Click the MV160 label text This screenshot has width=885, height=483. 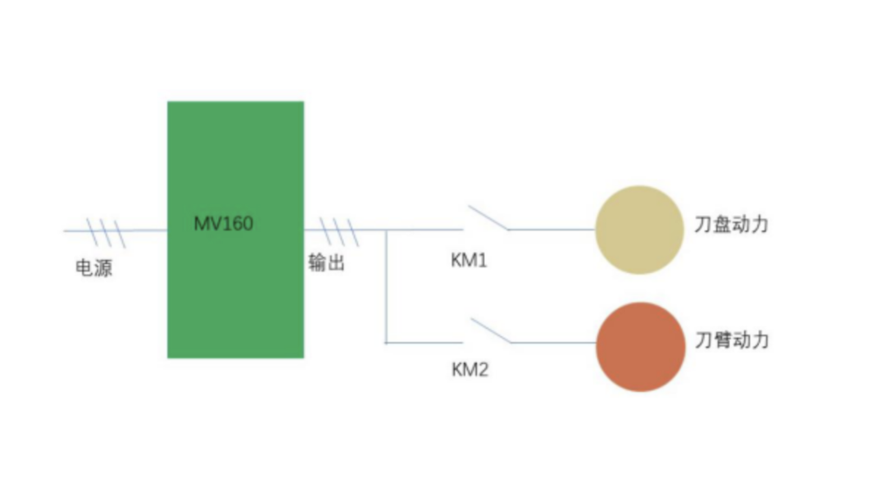223,222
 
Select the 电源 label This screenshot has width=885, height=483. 93,268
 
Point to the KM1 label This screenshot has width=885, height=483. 469,261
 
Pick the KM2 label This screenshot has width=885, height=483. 470,370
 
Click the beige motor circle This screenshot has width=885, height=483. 639,230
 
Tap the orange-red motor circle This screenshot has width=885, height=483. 640,346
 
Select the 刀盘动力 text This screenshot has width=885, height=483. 731,225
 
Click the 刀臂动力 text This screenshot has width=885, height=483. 731,340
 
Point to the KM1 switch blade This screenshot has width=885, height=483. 488,218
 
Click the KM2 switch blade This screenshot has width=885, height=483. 489,330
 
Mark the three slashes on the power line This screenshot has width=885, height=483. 107,233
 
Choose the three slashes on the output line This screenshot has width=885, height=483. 338,232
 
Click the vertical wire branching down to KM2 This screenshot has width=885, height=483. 386,287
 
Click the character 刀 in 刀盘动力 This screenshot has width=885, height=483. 703,225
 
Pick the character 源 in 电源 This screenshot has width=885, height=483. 103,268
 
